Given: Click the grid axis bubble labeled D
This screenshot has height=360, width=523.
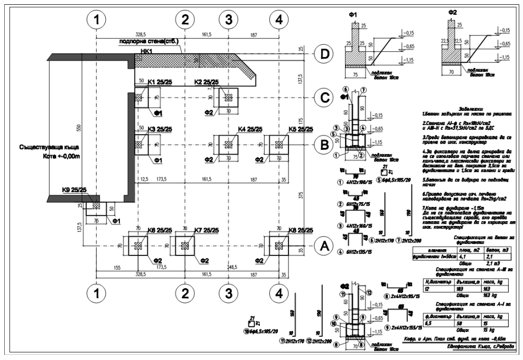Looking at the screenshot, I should pos(323,54).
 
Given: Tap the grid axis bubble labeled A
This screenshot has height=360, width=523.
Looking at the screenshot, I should pos(323,245).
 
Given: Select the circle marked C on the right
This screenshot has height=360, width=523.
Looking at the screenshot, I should pos(323,98).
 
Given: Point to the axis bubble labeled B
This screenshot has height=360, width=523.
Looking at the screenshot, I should pos(323,145).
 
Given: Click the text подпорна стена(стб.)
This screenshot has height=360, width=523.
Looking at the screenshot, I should pos(148,41).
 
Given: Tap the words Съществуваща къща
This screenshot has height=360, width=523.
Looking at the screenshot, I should pos(42,148).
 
